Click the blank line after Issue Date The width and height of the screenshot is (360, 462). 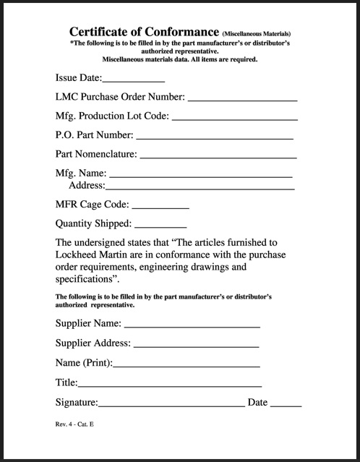click(x=134, y=80)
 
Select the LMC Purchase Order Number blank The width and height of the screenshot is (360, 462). click(x=243, y=98)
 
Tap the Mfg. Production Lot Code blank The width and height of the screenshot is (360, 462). click(x=235, y=117)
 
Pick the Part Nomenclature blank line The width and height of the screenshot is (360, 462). click(x=218, y=155)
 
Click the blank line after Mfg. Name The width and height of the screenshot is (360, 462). click(x=200, y=174)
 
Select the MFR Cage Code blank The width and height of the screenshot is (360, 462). click(x=160, y=207)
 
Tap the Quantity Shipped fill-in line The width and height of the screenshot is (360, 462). click(x=160, y=226)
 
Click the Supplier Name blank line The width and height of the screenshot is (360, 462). click(x=192, y=325)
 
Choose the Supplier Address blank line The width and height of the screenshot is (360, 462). click(x=196, y=344)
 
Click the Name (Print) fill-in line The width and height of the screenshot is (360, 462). click(x=187, y=364)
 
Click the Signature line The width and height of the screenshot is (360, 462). click(x=171, y=403)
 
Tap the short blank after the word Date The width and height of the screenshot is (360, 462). click(x=286, y=403)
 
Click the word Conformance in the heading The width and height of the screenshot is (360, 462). click(x=179, y=32)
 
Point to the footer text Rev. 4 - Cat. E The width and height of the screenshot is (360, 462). click(x=74, y=424)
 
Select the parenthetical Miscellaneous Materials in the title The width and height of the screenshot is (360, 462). click(x=257, y=34)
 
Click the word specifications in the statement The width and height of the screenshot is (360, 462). click(x=84, y=279)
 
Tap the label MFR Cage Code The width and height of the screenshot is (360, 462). click(x=92, y=205)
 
